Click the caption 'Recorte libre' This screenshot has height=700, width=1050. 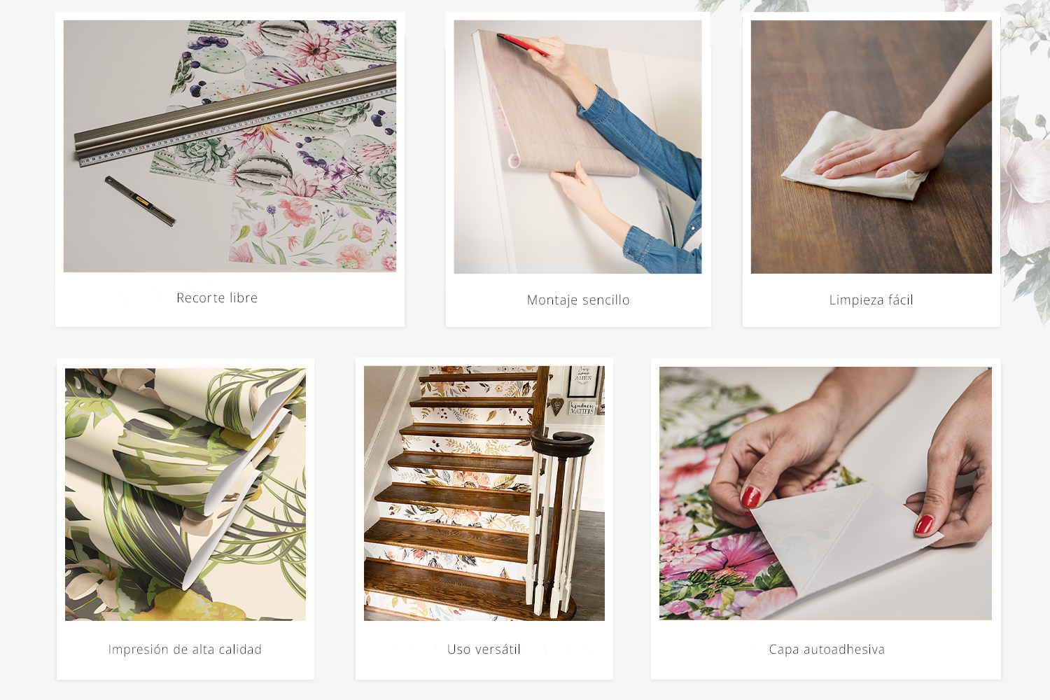tap(217, 297)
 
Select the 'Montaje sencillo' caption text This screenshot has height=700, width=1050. tap(578, 300)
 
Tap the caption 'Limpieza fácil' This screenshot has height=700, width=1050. tap(871, 300)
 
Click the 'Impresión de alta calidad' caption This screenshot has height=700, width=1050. tap(185, 650)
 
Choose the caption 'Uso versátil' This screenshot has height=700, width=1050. tap(484, 650)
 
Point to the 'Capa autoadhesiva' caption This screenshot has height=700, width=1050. tap(827, 650)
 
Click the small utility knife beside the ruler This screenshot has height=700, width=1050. tap(140, 201)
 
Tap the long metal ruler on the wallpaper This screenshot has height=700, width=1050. tap(234, 115)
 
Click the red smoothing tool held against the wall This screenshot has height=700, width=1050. tap(523, 44)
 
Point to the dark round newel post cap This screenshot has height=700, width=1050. tap(563, 443)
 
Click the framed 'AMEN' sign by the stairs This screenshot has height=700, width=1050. tap(583, 381)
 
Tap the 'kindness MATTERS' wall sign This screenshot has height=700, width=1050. tap(582, 407)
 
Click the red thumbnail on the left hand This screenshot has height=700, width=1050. tap(750, 497)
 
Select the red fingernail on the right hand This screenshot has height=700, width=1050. tap(924, 524)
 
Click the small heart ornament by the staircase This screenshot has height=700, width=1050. tap(556, 405)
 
